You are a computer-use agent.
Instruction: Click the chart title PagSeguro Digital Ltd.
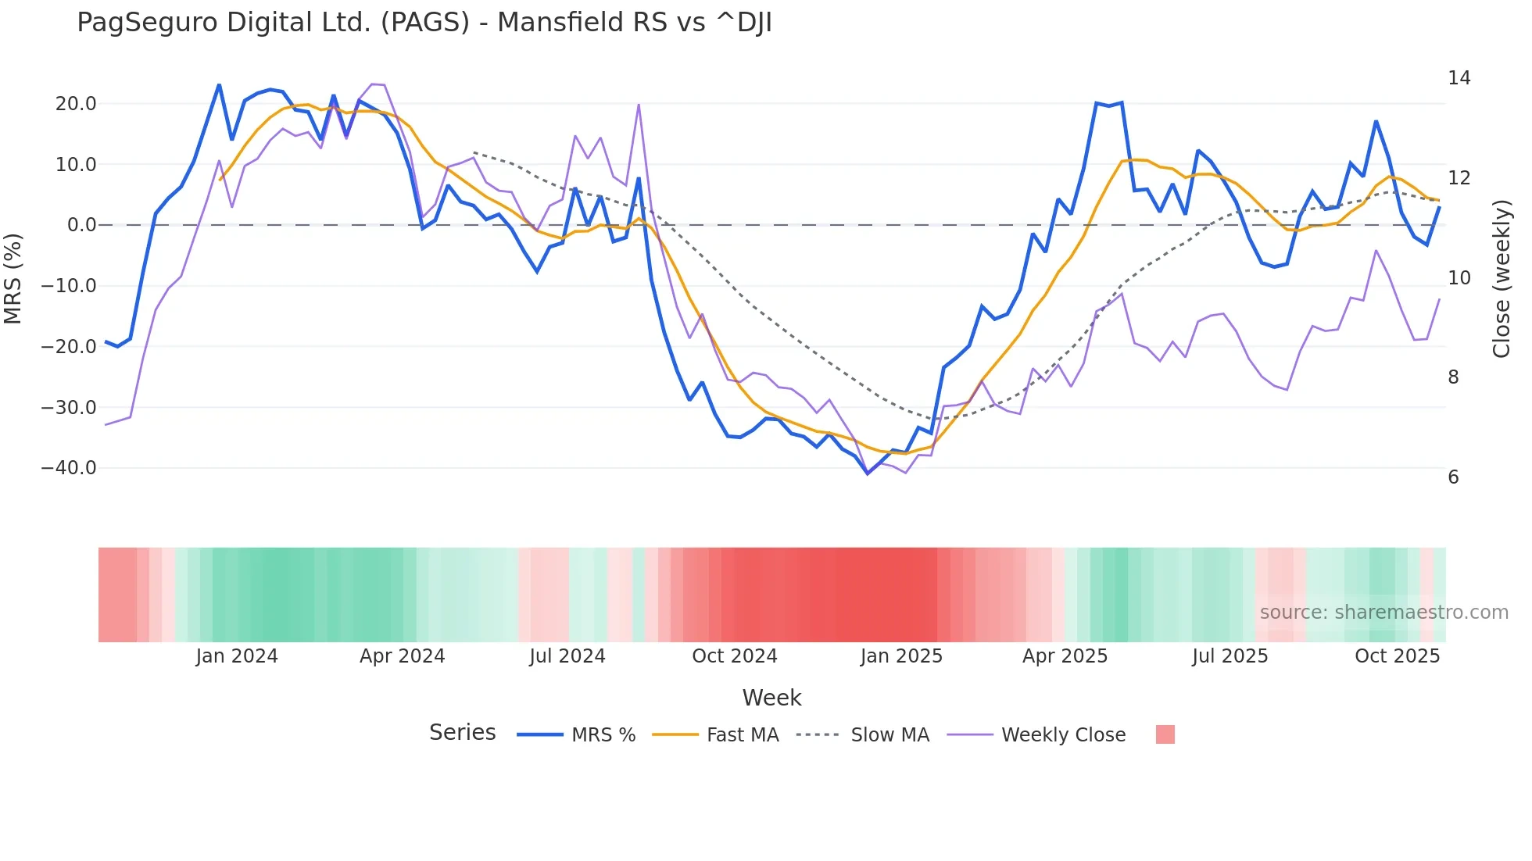tap(424, 23)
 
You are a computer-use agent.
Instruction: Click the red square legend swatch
tap(1165, 734)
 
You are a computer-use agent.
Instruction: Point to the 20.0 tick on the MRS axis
tap(76, 104)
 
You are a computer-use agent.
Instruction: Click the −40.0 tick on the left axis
tap(69, 468)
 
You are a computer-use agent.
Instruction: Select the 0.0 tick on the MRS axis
tap(81, 225)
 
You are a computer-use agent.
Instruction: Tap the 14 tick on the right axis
tap(1459, 78)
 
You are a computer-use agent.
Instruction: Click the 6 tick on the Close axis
tap(1453, 477)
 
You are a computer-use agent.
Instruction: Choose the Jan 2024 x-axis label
tap(237, 656)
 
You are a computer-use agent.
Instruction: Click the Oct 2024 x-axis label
tap(734, 656)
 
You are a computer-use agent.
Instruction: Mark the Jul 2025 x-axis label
tap(1230, 656)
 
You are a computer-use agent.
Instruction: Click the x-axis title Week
tap(771, 698)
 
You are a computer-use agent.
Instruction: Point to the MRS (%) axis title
tap(13, 278)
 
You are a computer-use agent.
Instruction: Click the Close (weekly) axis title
tap(1502, 278)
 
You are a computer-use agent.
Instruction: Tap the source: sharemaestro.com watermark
tap(1383, 613)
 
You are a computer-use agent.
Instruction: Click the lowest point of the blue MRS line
tap(867, 473)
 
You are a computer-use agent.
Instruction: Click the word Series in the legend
tap(462, 733)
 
